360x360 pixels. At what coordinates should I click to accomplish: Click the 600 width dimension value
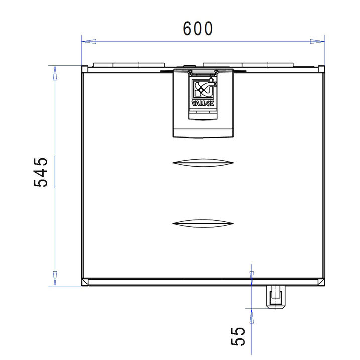(x=198, y=29)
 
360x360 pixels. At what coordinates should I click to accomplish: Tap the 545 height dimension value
(x=41, y=172)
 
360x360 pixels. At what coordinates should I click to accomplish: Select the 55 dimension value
(x=238, y=336)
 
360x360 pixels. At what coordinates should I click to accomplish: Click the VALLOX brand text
(x=203, y=103)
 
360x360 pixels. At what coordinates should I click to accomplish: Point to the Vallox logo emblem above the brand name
(x=204, y=89)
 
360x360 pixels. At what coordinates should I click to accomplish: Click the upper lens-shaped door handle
(x=203, y=163)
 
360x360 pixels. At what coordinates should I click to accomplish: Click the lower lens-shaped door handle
(x=203, y=223)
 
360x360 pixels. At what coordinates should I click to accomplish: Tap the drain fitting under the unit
(x=276, y=297)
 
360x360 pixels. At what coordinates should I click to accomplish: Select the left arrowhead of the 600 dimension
(x=89, y=42)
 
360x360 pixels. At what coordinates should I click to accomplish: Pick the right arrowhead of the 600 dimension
(x=317, y=42)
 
